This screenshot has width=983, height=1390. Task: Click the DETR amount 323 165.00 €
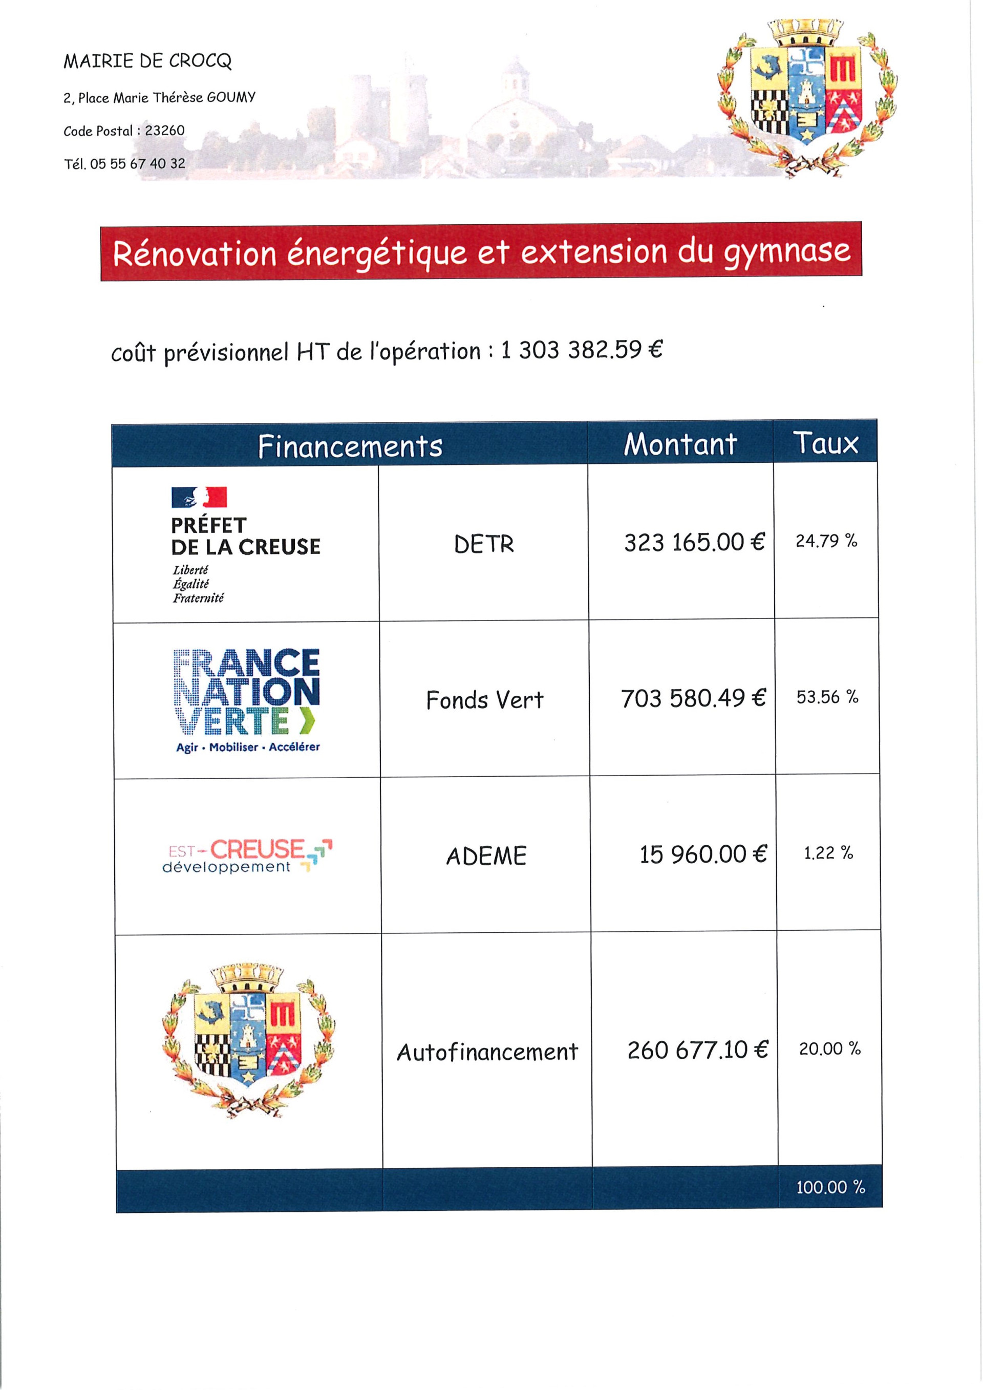click(x=694, y=543)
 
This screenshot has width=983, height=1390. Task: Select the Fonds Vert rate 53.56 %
click(x=827, y=697)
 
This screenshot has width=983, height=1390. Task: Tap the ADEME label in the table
click(x=486, y=856)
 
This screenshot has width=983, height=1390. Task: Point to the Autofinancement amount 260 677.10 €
click(x=697, y=1050)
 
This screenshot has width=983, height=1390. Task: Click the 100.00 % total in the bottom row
click(x=830, y=1187)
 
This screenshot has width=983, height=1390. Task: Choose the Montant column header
click(x=680, y=444)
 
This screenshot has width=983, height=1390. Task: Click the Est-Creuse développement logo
click(x=247, y=856)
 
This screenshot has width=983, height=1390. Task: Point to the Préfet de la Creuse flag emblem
click(x=199, y=497)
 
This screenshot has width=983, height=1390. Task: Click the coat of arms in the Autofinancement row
click(x=248, y=1039)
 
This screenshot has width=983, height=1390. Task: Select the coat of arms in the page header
click(x=806, y=97)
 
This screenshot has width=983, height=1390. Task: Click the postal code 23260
click(x=165, y=131)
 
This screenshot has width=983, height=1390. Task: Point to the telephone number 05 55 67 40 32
click(x=137, y=163)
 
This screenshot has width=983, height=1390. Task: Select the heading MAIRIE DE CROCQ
click(x=147, y=61)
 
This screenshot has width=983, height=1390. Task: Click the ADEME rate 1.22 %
click(x=828, y=853)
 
